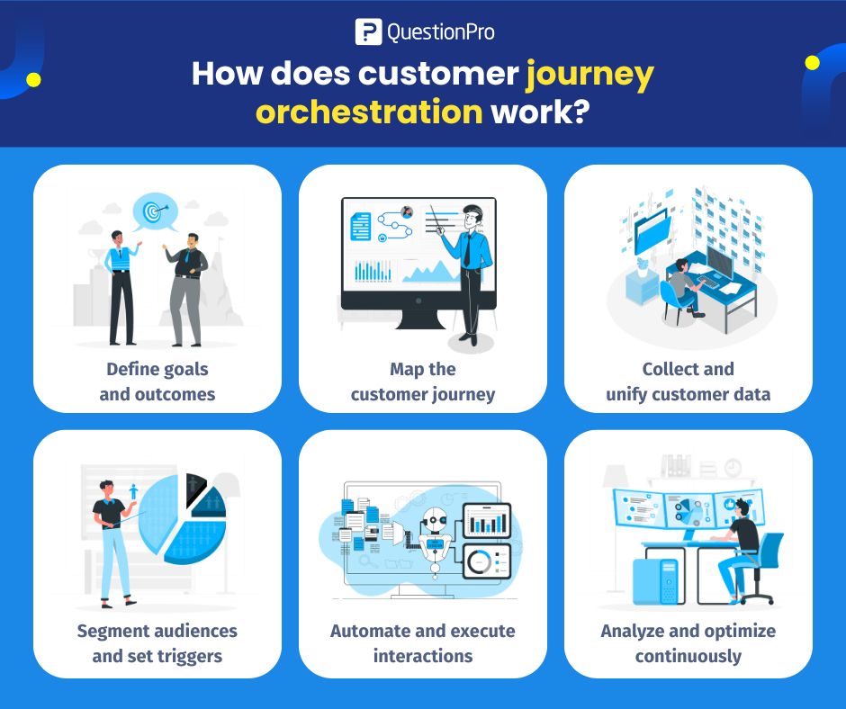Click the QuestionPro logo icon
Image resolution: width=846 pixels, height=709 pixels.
pyautogui.click(x=369, y=31)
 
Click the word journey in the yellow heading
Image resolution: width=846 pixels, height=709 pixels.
pyautogui.click(x=589, y=73)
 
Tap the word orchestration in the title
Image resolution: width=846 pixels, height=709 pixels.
pyautogui.click(x=368, y=112)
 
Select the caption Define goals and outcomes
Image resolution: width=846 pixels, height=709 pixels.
pyautogui.click(x=157, y=381)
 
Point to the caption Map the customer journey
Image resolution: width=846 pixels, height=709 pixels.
pyautogui.click(x=423, y=381)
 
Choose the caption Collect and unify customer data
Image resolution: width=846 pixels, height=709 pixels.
pyautogui.click(x=688, y=381)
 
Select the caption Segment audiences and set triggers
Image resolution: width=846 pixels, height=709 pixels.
pyautogui.click(x=157, y=642)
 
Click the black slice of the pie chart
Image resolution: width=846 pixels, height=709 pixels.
pyautogui.click(x=194, y=491)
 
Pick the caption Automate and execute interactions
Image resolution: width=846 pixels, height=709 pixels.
pyautogui.click(x=423, y=642)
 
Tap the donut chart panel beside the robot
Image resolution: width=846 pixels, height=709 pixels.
pyautogui.click(x=486, y=561)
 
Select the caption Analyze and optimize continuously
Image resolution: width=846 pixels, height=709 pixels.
pyautogui.click(x=688, y=642)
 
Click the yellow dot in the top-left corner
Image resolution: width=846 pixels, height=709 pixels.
pyautogui.click(x=33, y=80)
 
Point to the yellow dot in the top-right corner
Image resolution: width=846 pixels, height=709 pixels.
pyautogui.click(x=813, y=63)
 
